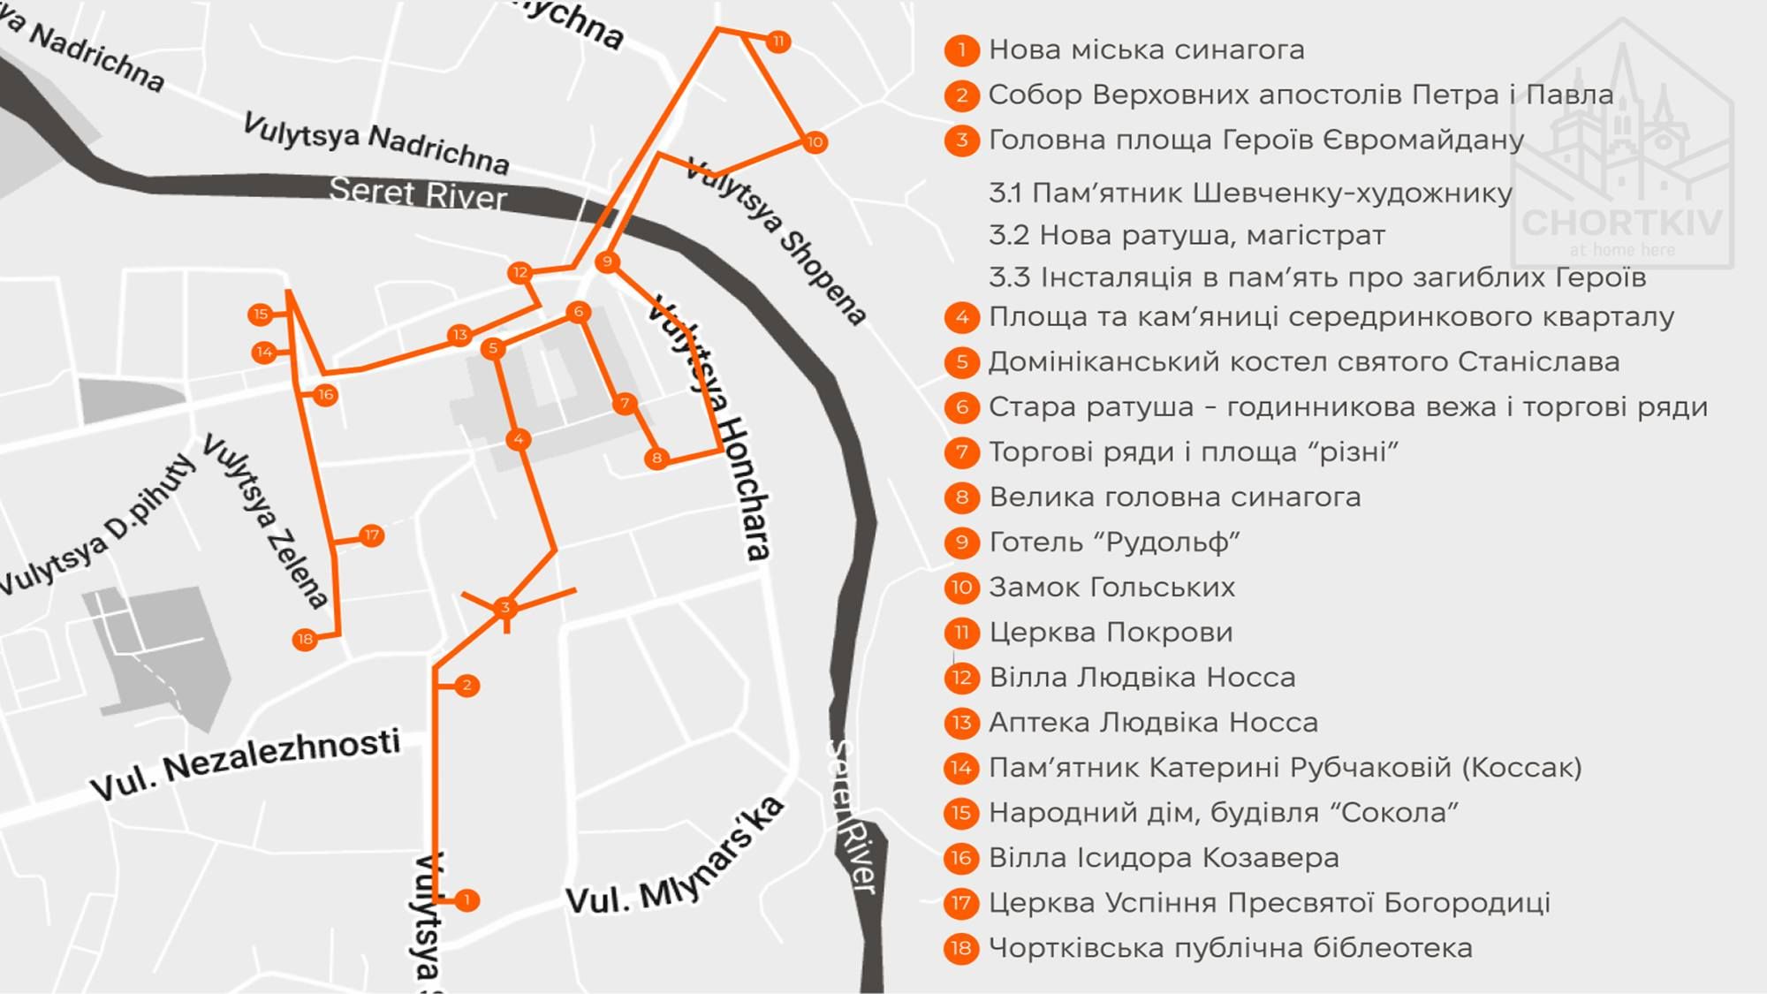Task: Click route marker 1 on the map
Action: click(466, 900)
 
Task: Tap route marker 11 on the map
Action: click(777, 42)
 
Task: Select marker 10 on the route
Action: click(815, 141)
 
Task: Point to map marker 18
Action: click(305, 639)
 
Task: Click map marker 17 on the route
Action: click(372, 535)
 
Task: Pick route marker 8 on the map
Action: click(656, 458)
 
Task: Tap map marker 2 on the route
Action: click(466, 685)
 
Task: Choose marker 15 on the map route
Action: click(261, 314)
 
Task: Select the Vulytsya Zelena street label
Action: click(265, 521)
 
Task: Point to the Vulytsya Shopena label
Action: click(777, 241)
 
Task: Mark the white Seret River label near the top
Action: click(418, 193)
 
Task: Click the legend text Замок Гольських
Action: click(1111, 588)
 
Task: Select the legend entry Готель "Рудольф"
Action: click(1114, 543)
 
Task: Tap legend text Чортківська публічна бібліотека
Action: click(1230, 948)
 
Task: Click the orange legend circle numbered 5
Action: click(962, 361)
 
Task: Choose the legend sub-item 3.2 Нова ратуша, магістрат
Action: click(1187, 236)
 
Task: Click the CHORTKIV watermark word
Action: click(1622, 222)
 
